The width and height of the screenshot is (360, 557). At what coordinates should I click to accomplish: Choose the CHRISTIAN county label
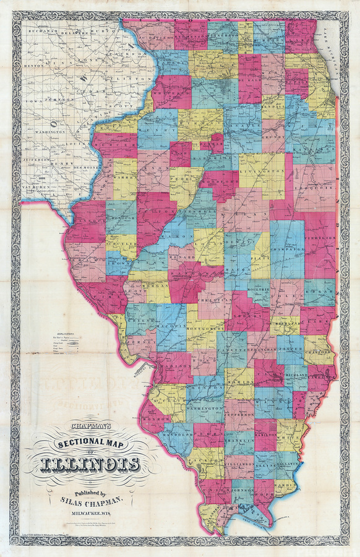(x=215, y=300)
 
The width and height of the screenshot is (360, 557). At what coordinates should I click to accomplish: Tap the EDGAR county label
(x=320, y=288)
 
